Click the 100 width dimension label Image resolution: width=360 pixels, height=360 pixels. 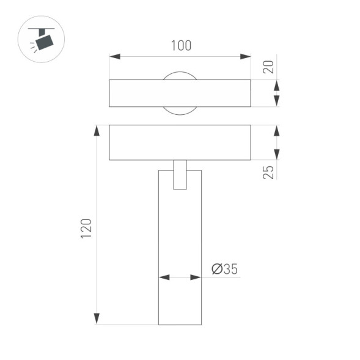pyautogui.click(x=181, y=45)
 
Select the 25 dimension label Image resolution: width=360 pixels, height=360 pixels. pyautogui.click(x=267, y=171)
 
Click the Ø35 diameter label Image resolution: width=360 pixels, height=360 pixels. pyautogui.click(x=224, y=269)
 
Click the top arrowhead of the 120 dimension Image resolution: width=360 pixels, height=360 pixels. pyautogui.click(x=97, y=131)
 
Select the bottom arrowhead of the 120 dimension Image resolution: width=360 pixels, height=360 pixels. pyautogui.click(x=97, y=318)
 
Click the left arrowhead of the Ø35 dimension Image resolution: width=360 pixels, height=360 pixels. pyautogui.click(x=164, y=277)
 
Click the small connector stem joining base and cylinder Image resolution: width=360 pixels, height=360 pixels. pyautogui.click(x=180, y=175)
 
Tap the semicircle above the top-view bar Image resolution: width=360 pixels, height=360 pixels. pyautogui.click(x=180, y=75)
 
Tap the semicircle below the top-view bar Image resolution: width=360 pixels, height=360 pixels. pyautogui.click(x=180, y=111)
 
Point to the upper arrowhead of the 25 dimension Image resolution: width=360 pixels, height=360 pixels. pyautogui.click(x=276, y=131)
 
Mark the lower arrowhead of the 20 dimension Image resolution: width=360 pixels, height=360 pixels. pyautogui.click(x=276, y=101)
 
